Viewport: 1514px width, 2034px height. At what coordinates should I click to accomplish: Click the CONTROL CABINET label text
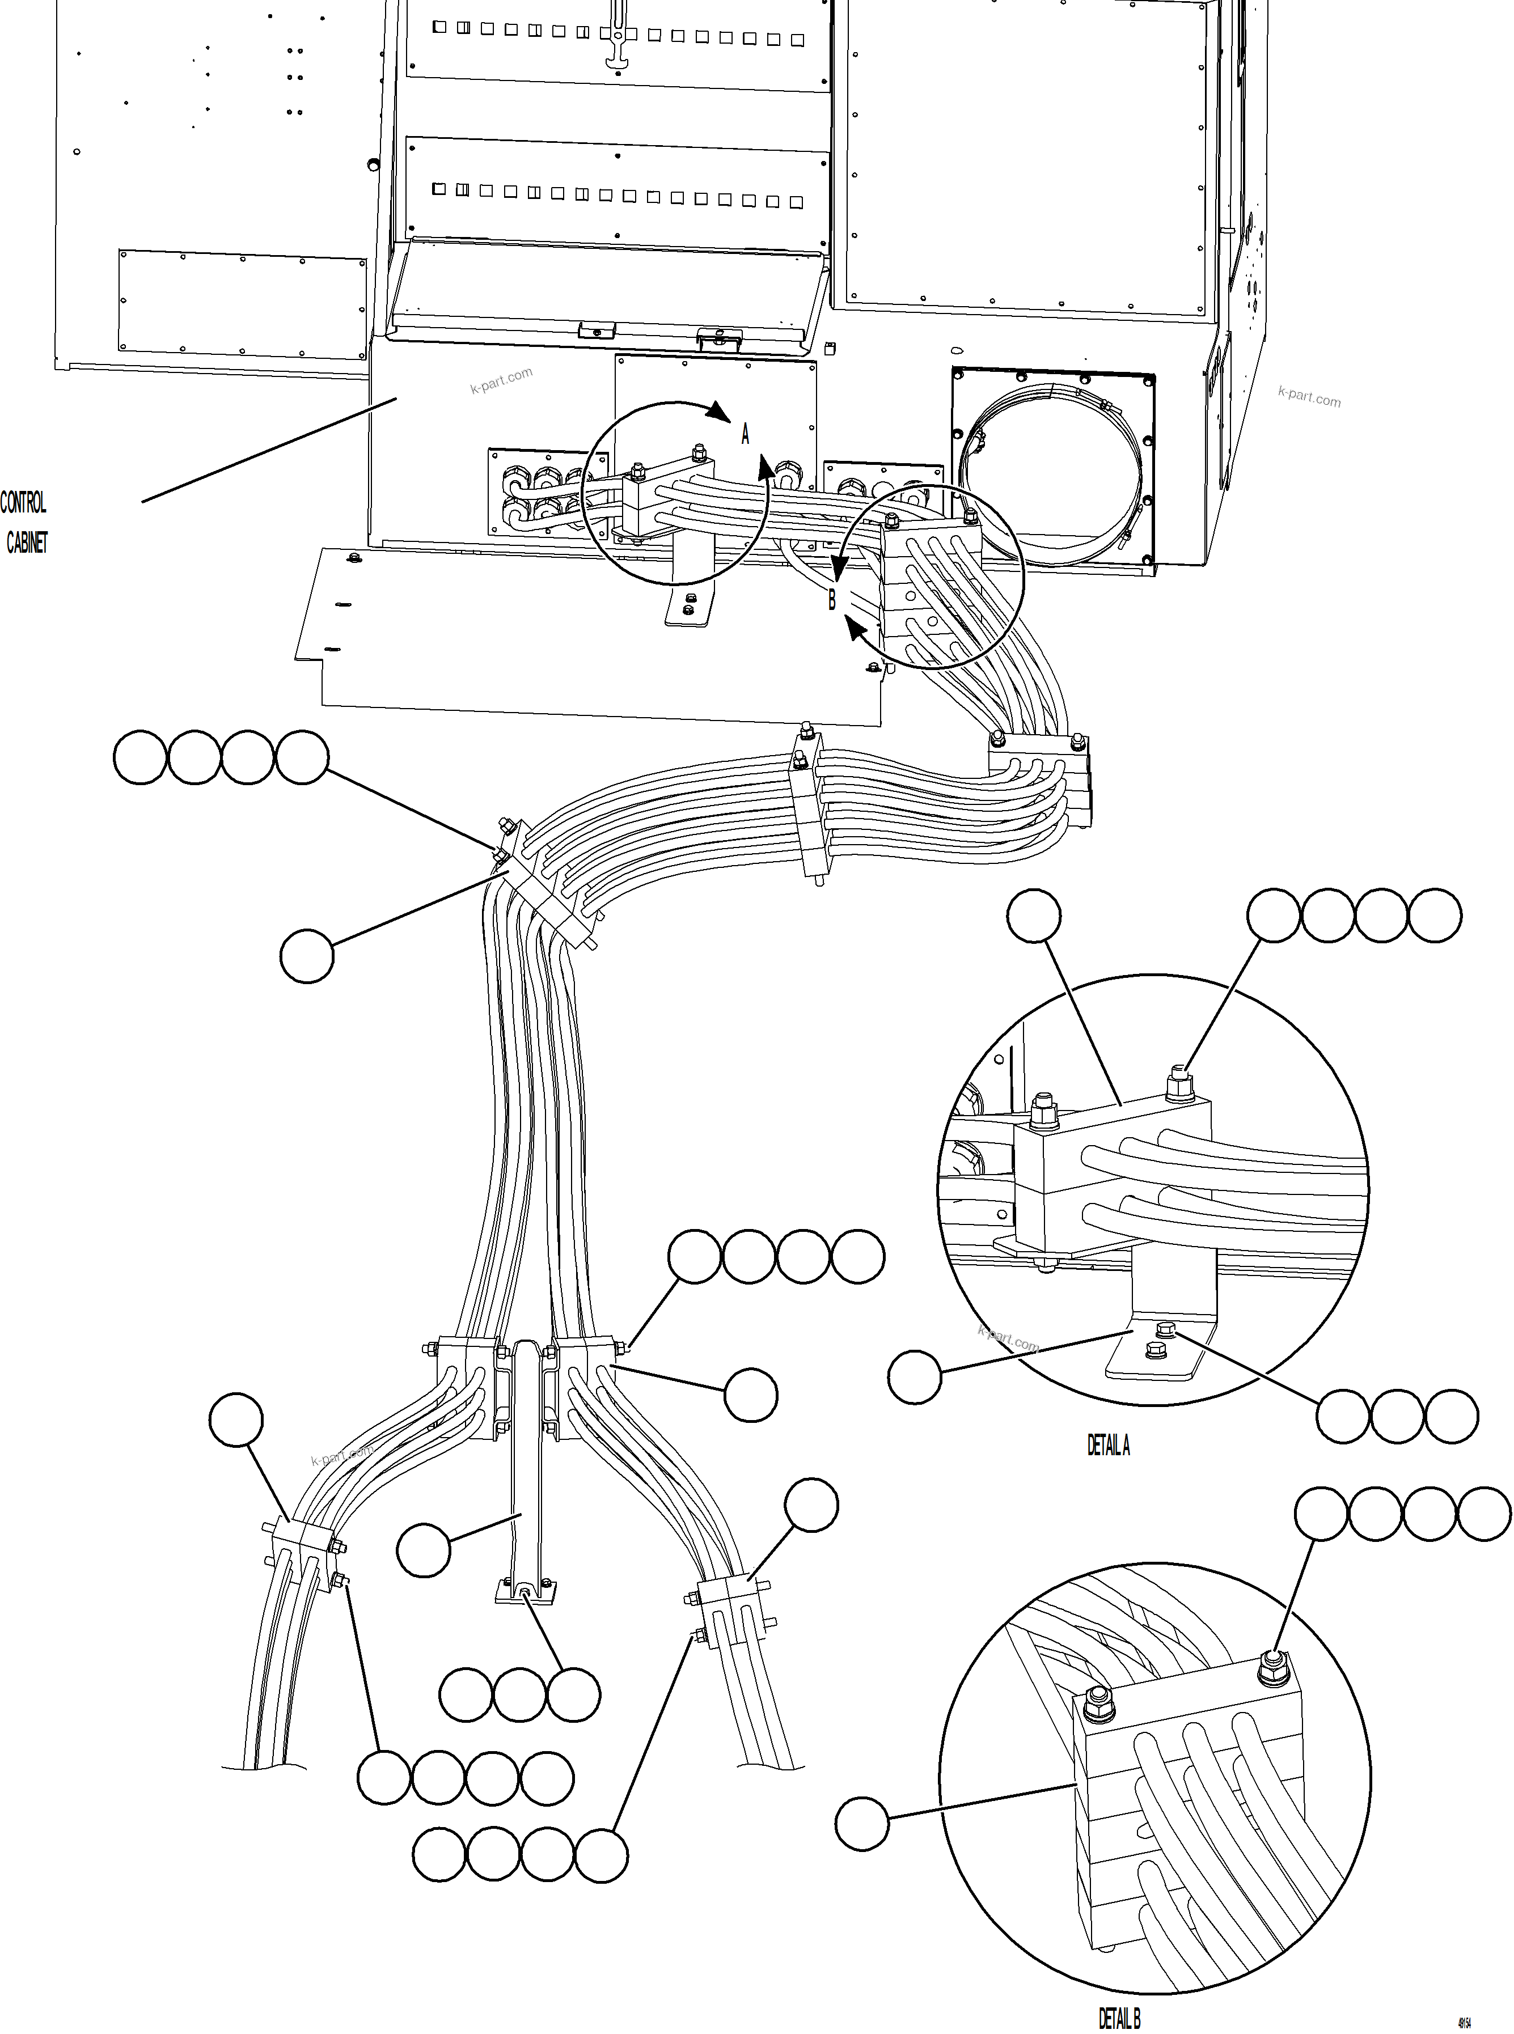pyautogui.click(x=25, y=522)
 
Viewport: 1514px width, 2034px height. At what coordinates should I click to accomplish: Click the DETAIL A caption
pyautogui.click(x=1108, y=1446)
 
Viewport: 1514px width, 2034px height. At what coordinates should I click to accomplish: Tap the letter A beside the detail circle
pyautogui.click(x=745, y=434)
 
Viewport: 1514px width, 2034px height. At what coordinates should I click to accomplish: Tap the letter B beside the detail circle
pyautogui.click(x=832, y=600)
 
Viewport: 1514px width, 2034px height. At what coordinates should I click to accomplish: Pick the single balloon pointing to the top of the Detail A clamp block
pyautogui.click(x=1034, y=916)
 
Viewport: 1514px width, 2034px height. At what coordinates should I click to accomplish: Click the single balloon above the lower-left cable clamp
pyautogui.click(x=236, y=1420)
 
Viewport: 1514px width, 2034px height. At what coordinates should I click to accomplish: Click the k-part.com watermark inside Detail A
pyautogui.click(x=1008, y=1340)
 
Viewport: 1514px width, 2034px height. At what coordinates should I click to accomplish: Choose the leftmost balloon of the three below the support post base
pyautogui.click(x=466, y=1695)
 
